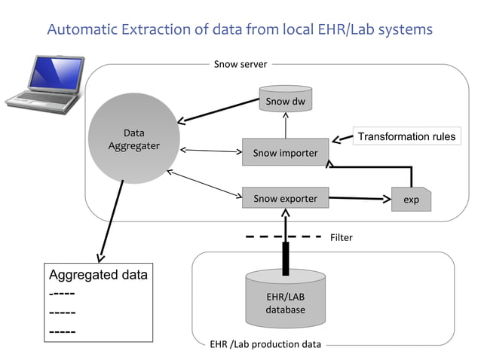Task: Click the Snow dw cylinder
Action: point(286,100)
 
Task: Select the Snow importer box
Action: point(285,153)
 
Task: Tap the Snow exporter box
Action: point(285,199)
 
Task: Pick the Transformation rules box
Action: point(406,136)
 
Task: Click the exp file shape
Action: point(411,200)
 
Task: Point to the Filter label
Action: point(341,237)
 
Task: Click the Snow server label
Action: point(240,65)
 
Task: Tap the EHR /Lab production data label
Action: point(265,345)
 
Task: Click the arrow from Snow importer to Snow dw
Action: point(286,126)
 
